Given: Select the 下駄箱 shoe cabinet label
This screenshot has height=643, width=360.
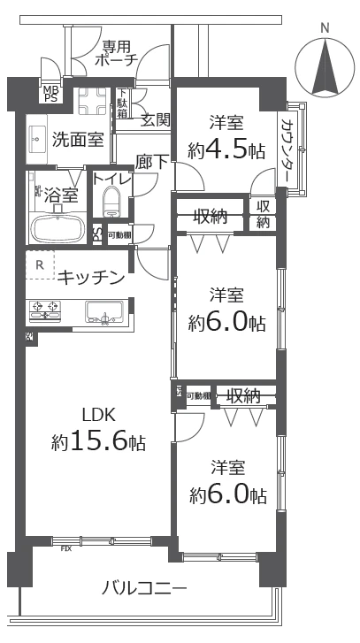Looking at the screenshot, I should pos(122,103).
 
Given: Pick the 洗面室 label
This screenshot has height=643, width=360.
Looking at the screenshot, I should pos(77,139).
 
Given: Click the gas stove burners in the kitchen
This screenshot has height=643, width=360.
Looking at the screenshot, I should pos(47,310).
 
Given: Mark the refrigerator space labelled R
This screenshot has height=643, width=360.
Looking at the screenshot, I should pos(40,263).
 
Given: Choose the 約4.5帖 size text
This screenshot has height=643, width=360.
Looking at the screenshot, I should pos(226,149).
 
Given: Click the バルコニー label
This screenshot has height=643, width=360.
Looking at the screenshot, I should pos(143,586).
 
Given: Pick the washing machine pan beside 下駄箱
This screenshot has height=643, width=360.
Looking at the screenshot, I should pos(91,103).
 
